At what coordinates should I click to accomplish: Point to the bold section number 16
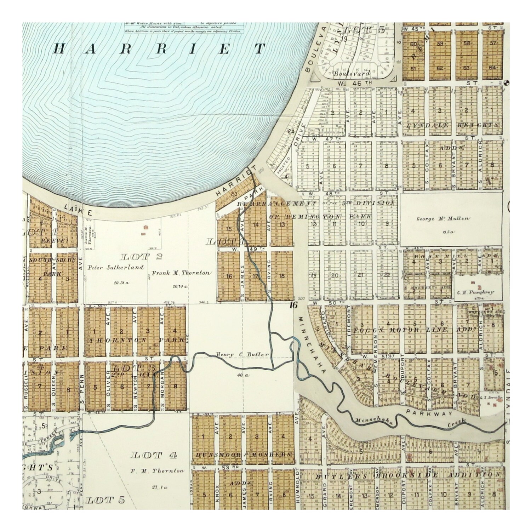point(293,305)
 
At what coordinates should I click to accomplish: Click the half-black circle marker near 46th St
point(506,82)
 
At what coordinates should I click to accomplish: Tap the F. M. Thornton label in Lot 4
point(157,471)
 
